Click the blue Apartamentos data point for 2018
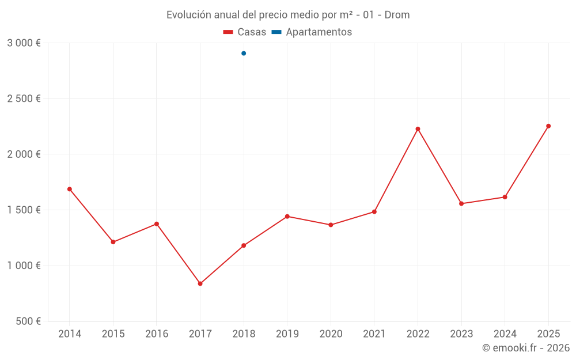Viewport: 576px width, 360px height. (x=244, y=54)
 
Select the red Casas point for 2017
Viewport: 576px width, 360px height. (x=200, y=283)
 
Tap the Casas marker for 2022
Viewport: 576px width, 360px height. (x=418, y=129)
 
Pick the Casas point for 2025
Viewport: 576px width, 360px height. (x=548, y=126)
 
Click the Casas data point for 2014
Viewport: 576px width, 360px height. (x=70, y=189)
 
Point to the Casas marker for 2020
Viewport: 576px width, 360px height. (x=331, y=225)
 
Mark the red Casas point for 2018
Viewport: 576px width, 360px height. (x=244, y=245)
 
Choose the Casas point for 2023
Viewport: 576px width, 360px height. (x=461, y=203)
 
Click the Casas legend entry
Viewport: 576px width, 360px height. (x=245, y=32)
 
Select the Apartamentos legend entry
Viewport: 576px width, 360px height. (x=312, y=32)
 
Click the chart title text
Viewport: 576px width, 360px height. (x=288, y=15)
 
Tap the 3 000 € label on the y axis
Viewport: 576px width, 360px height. (x=24, y=43)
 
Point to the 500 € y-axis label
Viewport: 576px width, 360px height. (x=27, y=321)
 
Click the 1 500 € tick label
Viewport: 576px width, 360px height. (x=24, y=210)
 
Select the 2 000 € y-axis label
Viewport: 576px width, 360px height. (x=24, y=154)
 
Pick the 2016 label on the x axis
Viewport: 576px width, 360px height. (x=157, y=334)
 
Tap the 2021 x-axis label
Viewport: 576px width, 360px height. (x=374, y=334)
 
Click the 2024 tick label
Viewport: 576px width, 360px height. (x=505, y=334)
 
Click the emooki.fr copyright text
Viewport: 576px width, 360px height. (x=526, y=348)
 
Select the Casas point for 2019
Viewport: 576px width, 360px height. (x=287, y=217)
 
